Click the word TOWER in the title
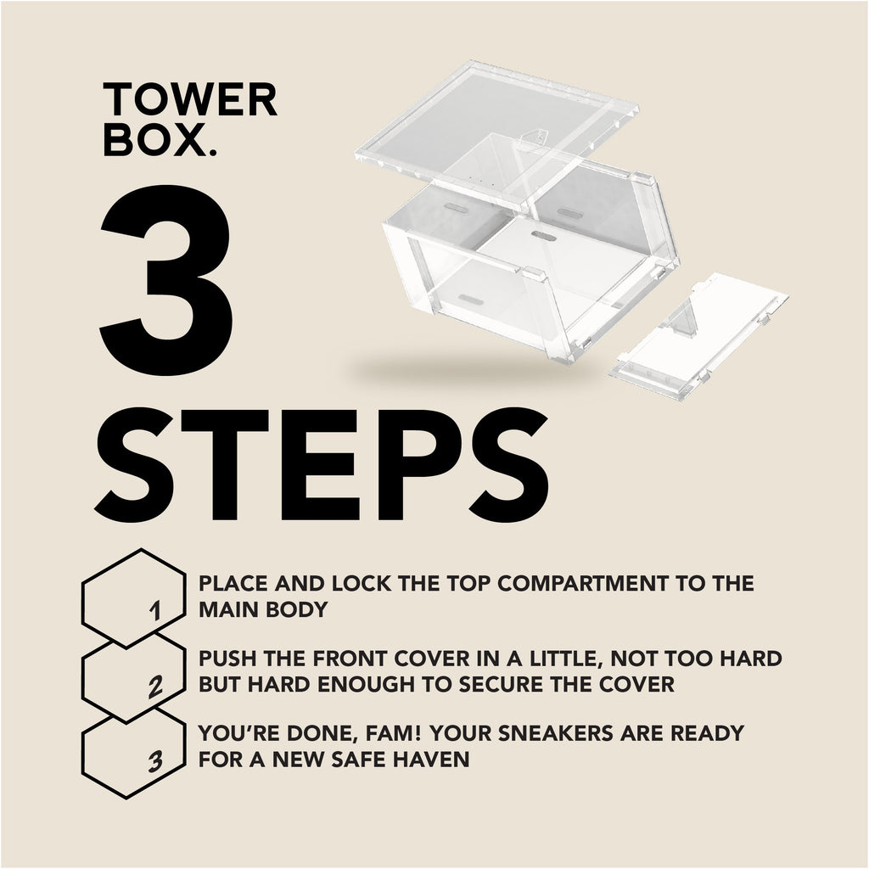click(x=190, y=100)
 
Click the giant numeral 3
click(x=166, y=281)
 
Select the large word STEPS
click(x=322, y=465)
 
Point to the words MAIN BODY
click(x=264, y=609)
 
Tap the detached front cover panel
click(x=699, y=336)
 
